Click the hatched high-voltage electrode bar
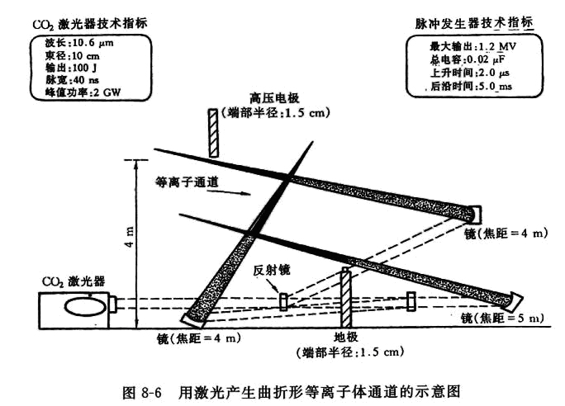[x=213, y=133]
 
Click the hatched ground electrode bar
[x=345, y=298]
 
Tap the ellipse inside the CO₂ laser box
[x=85, y=307]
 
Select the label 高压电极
[x=274, y=98]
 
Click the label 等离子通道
[x=187, y=182]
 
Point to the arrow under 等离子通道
[x=229, y=191]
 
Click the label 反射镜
[x=271, y=270]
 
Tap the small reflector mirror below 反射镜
[x=284, y=302]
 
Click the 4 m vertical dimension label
[x=130, y=237]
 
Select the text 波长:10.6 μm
[x=79, y=43]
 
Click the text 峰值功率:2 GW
[x=83, y=92]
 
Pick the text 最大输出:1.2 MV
[x=472, y=47]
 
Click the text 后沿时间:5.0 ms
[x=472, y=86]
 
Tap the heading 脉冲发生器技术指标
[x=474, y=23]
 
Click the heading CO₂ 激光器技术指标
[x=90, y=24]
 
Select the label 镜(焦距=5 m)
[x=502, y=318]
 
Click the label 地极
[x=345, y=338]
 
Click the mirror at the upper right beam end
[x=476, y=214]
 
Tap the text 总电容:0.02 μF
[x=467, y=59]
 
